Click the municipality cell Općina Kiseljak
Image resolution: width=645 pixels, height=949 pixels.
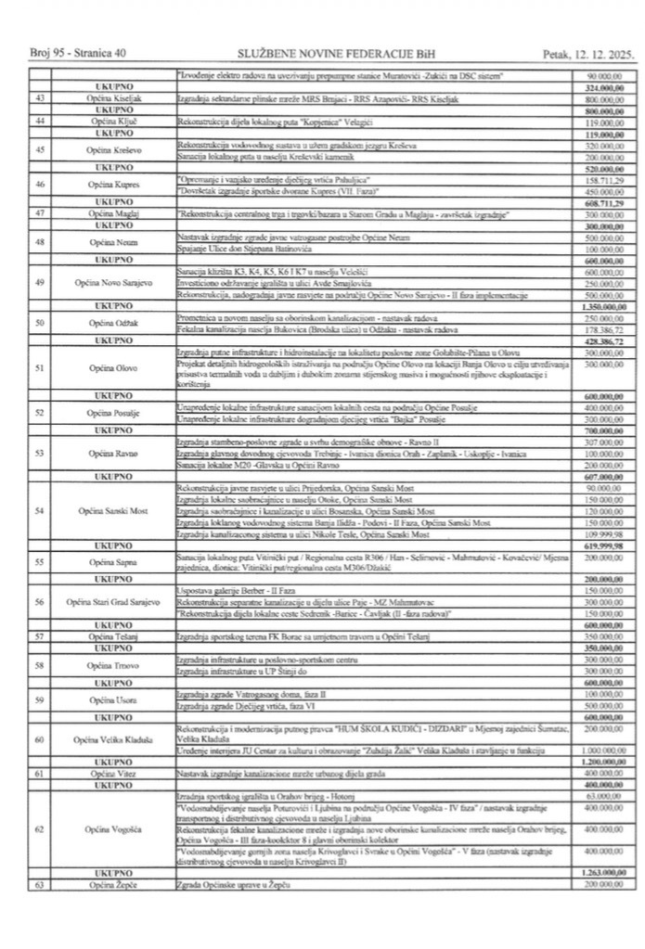click(x=114, y=97)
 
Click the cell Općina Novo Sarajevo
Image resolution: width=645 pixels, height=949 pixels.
click(x=114, y=282)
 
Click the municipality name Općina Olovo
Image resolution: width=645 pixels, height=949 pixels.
click(x=114, y=368)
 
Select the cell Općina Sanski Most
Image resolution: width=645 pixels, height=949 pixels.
click(x=114, y=511)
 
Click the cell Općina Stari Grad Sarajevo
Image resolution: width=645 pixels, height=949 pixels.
click(x=114, y=602)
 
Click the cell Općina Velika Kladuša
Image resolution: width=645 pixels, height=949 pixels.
click(x=114, y=739)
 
